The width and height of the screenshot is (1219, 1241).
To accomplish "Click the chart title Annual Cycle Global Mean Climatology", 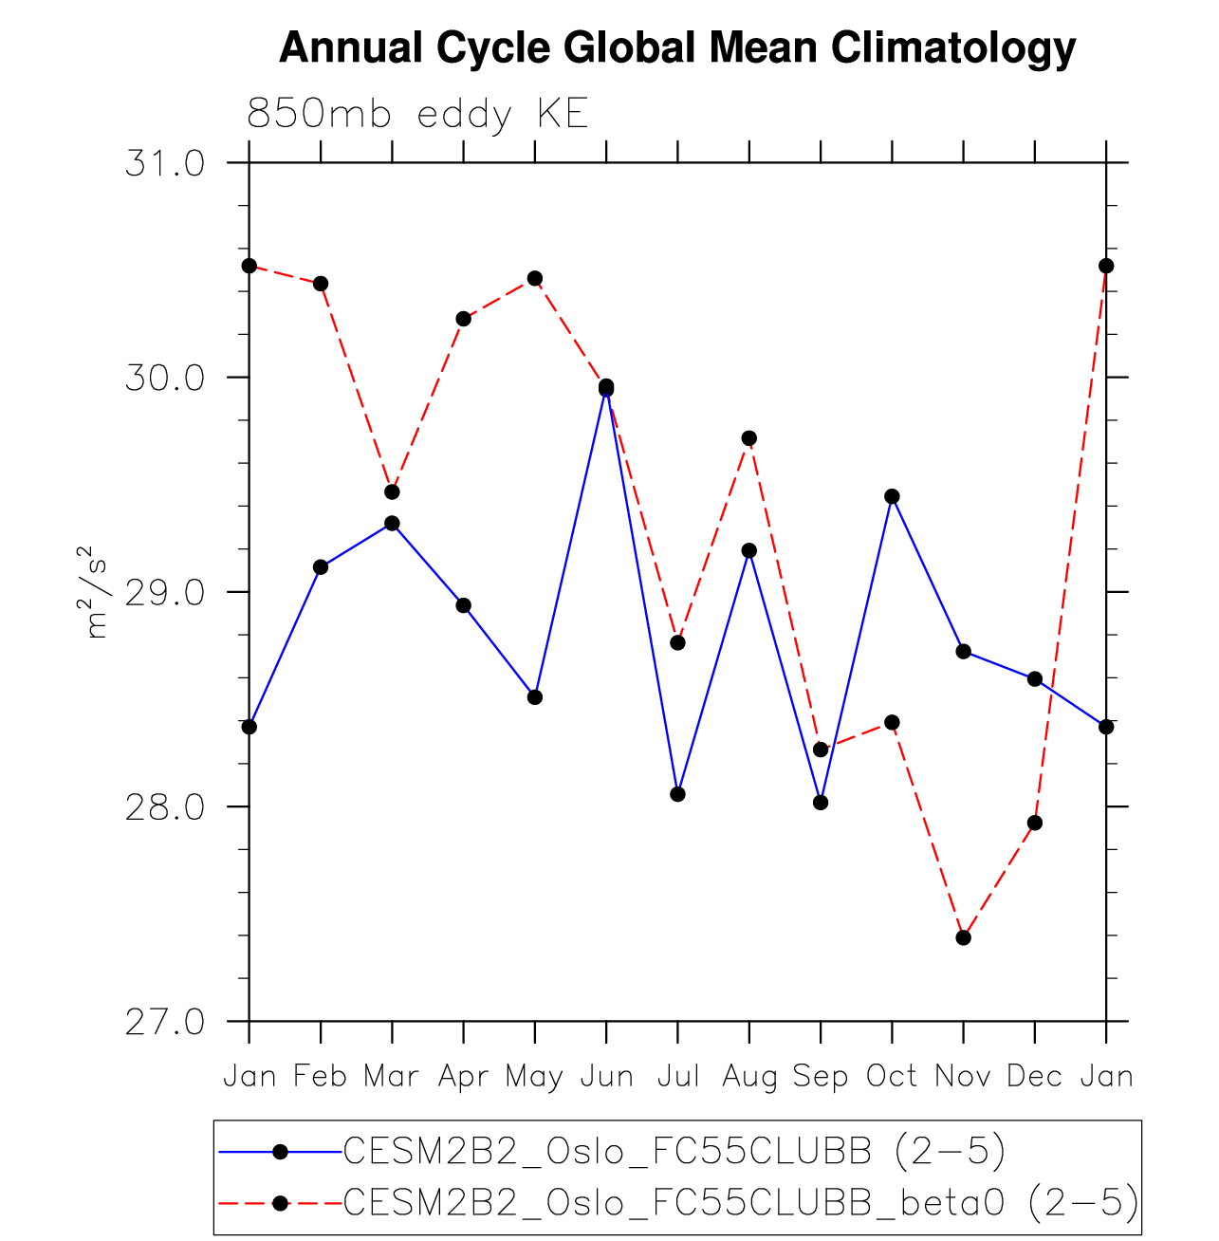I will pyautogui.click(x=677, y=47).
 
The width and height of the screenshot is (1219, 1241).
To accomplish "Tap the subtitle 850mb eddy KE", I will pyautogui.click(x=417, y=115).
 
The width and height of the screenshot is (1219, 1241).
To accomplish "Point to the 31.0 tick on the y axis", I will pyautogui.click(x=165, y=164).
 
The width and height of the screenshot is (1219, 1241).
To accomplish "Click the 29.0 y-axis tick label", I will pyautogui.click(x=165, y=593).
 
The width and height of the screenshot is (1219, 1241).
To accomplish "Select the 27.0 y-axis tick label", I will pyautogui.click(x=165, y=1022).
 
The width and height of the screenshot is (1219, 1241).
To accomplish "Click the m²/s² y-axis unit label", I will pyautogui.click(x=97, y=593).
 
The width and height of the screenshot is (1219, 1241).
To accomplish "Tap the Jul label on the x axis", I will pyautogui.click(x=677, y=1076).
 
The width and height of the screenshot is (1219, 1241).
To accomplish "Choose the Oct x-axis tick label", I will pyautogui.click(x=892, y=1076).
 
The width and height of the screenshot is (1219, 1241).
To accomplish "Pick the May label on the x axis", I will pyautogui.click(x=534, y=1076).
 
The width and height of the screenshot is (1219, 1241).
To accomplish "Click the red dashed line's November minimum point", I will pyautogui.click(x=964, y=937).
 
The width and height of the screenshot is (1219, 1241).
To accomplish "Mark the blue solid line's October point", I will pyautogui.click(x=892, y=496).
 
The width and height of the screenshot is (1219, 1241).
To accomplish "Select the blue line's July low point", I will pyautogui.click(x=677, y=794).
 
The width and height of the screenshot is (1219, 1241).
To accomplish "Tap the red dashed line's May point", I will pyautogui.click(x=535, y=278).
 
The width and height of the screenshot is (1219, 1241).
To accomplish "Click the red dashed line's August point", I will pyautogui.click(x=749, y=438).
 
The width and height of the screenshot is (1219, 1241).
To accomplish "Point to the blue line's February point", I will pyautogui.click(x=321, y=567).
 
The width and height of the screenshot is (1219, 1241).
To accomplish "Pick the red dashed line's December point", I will pyautogui.click(x=1035, y=823).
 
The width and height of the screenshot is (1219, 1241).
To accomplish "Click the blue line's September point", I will pyautogui.click(x=821, y=803).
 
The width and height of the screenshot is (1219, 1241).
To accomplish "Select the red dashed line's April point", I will pyautogui.click(x=463, y=319).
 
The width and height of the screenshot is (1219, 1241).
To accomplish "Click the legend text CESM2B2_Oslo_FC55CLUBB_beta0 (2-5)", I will pyautogui.click(x=740, y=1202).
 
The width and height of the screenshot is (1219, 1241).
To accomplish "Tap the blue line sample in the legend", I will pyautogui.click(x=280, y=1152).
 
